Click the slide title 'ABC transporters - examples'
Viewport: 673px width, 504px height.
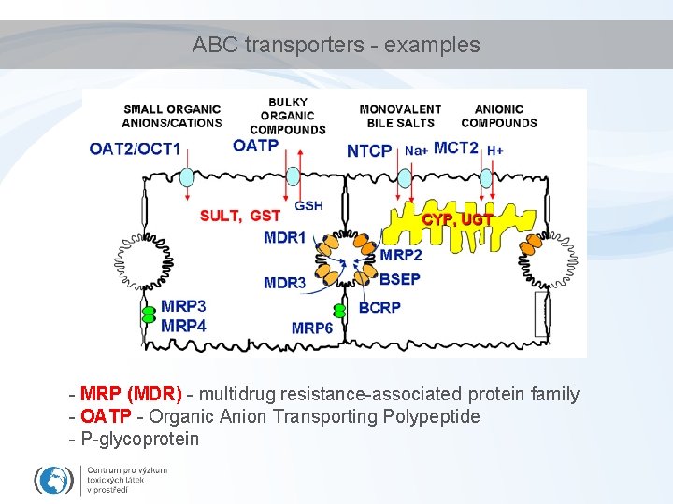point(336,45)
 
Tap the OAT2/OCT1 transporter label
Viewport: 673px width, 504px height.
point(135,148)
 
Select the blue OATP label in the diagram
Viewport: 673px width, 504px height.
point(255,146)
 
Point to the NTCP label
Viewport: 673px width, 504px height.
point(369,150)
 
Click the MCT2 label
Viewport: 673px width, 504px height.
point(456,147)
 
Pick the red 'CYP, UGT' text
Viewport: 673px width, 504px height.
point(457,219)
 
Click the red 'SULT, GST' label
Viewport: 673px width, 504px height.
point(240,217)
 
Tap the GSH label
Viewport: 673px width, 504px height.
point(308,205)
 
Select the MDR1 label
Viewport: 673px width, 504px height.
point(285,238)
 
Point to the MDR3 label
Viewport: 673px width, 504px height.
point(284,283)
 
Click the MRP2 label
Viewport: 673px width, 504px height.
point(401,256)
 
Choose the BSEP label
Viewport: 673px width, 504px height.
point(400,278)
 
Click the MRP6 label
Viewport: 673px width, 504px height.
point(312,328)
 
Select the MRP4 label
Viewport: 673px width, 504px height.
point(183,326)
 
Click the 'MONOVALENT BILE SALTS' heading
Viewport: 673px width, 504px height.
point(400,116)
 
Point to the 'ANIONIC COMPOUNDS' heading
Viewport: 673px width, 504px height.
point(499,116)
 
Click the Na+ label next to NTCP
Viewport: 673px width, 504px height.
point(416,150)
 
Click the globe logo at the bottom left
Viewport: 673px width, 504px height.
point(54,480)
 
